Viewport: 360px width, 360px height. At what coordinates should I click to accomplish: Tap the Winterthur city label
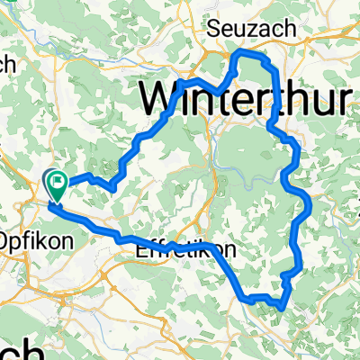(x=243, y=97)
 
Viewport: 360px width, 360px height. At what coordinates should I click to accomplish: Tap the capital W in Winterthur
(x=165, y=97)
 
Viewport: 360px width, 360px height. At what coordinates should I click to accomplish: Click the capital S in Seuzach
(x=215, y=29)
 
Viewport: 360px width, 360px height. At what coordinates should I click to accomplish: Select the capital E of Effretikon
(x=141, y=253)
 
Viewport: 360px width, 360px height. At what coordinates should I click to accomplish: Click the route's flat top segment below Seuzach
(x=252, y=55)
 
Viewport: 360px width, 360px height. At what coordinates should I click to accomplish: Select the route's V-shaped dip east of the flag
(x=110, y=186)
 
